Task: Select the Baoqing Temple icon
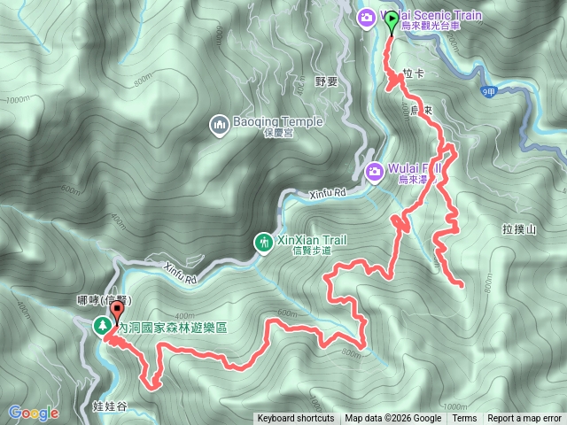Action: tap(219, 126)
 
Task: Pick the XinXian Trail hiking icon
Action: tap(262, 241)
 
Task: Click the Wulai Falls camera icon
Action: tap(374, 169)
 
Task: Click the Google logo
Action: tap(33, 413)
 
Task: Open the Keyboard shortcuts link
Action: tap(296, 419)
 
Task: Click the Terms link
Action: tap(464, 419)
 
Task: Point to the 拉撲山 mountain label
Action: tap(519, 229)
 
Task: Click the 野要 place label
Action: tap(327, 81)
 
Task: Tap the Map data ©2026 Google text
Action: tap(393, 419)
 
